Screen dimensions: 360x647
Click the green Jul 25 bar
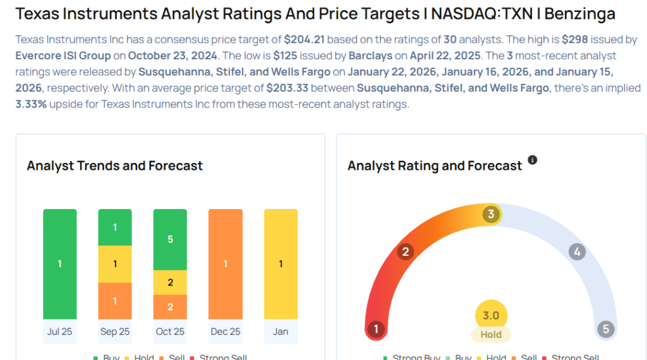click(x=59, y=264)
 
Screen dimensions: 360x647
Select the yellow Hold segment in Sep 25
click(x=115, y=264)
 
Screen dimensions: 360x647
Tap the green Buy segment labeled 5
click(x=170, y=239)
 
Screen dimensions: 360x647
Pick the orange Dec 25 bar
click(x=226, y=264)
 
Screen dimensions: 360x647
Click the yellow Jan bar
click(x=281, y=264)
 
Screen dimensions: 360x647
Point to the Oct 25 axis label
click(x=170, y=332)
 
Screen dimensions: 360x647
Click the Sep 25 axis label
click(x=115, y=332)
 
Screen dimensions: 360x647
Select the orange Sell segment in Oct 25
click(x=170, y=307)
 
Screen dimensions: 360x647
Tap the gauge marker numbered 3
click(x=491, y=214)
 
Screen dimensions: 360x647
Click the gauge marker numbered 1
click(x=377, y=329)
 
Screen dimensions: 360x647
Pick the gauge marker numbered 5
click(x=605, y=329)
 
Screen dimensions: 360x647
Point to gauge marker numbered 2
click(x=406, y=252)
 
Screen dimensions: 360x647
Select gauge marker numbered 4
click(x=576, y=252)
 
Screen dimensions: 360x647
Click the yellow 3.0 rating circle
click(x=491, y=315)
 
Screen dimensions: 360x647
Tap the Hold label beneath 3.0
click(x=491, y=335)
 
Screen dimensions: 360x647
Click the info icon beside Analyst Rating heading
click(x=532, y=160)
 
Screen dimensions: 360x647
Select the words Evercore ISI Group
click(x=63, y=55)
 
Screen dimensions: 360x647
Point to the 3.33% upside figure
click(x=31, y=104)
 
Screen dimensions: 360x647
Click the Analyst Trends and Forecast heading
click(x=115, y=166)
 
